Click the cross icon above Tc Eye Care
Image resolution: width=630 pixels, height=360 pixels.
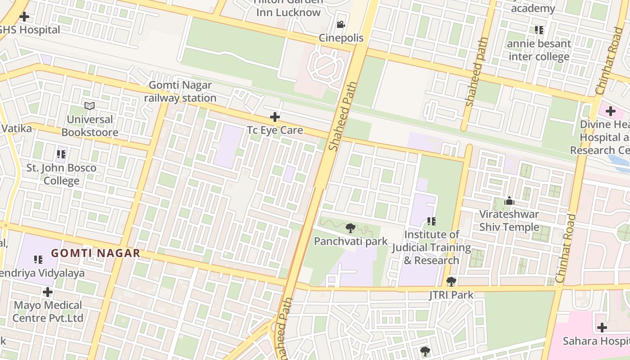click(274, 117)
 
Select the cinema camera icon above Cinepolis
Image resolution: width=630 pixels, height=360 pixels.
click(341, 24)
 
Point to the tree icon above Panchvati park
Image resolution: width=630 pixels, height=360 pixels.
click(350, 228)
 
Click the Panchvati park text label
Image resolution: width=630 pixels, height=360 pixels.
click(351, 241)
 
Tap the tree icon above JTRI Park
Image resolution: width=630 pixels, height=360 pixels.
click(451, 282)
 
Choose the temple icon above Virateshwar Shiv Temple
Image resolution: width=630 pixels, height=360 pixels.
click(509, 201)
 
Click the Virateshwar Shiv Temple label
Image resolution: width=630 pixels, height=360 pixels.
click(509, 220)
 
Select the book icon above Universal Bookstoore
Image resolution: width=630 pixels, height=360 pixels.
click(90, 106)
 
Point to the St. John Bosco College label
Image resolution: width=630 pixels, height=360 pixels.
click(61, 174)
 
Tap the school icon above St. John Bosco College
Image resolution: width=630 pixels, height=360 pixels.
click(61, 155)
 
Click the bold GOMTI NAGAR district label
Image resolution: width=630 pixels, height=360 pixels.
click(95, 253)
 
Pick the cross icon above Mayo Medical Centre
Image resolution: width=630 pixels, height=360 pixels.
click(48, 292)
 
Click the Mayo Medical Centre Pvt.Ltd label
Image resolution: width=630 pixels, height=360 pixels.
click(48, 311)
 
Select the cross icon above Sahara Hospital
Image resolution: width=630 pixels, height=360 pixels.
click(602, 328)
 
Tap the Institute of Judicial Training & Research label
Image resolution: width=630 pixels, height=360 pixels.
click(431, 247)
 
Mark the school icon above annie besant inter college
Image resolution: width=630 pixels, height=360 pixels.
click(539, 30)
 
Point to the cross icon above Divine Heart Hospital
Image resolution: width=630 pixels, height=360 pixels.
click(610, 111)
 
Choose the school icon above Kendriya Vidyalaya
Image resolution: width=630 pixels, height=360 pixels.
click(38, 260)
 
